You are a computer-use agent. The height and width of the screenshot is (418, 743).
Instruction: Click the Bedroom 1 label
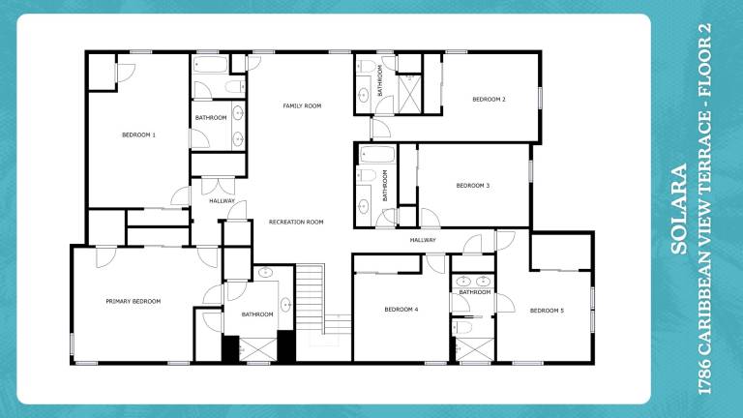click(139, 135)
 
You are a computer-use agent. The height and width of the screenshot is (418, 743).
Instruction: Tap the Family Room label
click(302, 105)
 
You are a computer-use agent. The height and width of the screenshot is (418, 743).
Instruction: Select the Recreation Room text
click(296, 222)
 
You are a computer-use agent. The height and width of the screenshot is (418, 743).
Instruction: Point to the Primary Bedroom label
click(134, 302)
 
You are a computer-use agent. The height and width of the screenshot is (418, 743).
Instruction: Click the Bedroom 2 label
click(489, 100)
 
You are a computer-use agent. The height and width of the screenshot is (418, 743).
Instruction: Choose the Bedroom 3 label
click(473, 186)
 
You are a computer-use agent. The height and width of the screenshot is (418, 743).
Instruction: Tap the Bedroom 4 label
click(401, 310)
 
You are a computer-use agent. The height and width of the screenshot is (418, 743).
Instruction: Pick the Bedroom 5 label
click(547, 311)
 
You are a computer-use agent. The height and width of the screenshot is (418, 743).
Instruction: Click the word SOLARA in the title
click(679, 209)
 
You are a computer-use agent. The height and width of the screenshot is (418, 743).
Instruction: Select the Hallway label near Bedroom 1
click(223, 201)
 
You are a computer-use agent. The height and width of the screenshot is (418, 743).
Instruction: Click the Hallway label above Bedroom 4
click(423, 240)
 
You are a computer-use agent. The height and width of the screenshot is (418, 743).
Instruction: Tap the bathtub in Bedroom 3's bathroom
click(377, 155)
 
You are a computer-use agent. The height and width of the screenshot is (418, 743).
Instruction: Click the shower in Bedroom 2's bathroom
click(410, 94)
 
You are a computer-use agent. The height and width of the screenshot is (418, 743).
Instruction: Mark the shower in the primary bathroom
click(258, 349)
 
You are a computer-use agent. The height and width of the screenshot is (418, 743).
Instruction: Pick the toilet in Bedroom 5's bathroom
click(462, 327)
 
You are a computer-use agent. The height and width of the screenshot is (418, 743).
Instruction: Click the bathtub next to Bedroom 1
click(210, 64)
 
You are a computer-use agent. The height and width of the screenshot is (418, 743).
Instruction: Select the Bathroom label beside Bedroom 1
click(211, 117)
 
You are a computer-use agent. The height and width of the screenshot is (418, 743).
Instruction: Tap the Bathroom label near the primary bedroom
click(257, 314)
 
